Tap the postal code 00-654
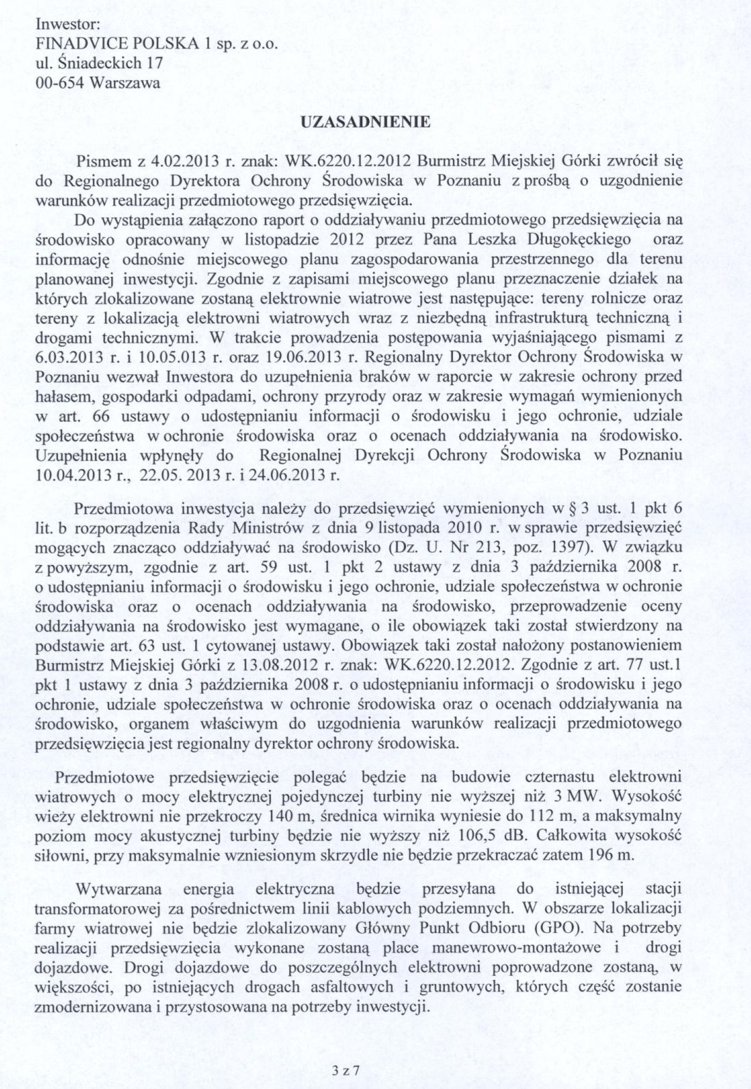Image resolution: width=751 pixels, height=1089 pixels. pos(59,83)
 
